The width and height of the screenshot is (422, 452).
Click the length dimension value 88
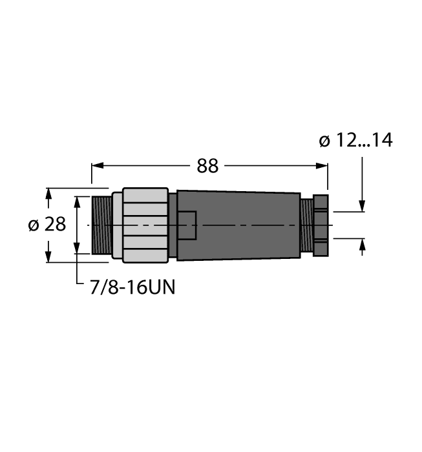point(207,166)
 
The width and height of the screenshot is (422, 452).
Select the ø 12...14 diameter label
point(355,141)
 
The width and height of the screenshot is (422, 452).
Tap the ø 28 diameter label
point(47,225)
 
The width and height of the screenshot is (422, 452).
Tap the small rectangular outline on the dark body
point(187,225)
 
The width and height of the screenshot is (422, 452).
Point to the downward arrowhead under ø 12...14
point(362,206)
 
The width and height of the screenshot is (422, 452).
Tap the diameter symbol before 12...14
point(324,141)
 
